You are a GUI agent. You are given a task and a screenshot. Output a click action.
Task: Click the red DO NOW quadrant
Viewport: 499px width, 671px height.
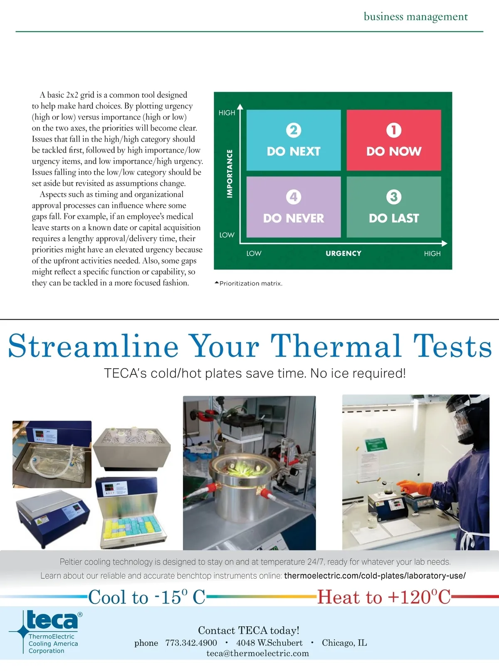(393, 140)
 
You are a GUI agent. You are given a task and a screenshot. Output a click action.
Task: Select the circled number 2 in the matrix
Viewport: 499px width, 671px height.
(293, 130)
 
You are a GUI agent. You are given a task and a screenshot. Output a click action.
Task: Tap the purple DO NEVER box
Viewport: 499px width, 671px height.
(293, 207)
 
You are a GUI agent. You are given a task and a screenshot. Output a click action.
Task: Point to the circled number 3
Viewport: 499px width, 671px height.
(393, 197)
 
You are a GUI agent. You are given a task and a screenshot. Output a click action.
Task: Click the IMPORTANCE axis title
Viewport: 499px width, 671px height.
(230, 173)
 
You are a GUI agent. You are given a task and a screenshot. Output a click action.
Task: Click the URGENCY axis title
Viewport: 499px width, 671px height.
(343, 253)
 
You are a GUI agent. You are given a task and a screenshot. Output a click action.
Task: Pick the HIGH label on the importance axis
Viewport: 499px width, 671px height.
(227, 113)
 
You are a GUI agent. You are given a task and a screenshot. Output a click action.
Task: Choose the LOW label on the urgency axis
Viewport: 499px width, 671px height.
(254, 253)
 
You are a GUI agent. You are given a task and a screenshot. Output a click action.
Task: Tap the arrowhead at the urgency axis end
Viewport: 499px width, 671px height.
(444, 243)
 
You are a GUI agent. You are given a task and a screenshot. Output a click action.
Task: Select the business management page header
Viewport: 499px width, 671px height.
(415, 17)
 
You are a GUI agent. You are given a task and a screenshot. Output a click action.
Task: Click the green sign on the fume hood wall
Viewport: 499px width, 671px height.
(376, 444)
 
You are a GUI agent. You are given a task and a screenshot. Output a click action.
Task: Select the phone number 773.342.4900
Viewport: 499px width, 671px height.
(191, 643)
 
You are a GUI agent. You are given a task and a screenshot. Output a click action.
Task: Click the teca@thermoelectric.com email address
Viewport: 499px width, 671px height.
(258, 653)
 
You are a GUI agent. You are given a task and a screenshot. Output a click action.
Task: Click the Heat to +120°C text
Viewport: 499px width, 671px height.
(384, 597)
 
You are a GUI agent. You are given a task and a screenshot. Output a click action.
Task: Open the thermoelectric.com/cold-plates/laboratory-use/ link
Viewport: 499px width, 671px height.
(375, 575)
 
